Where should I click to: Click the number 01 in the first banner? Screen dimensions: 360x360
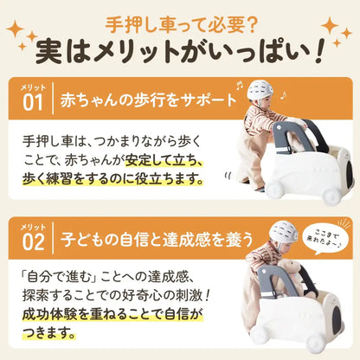(x=33, y=102)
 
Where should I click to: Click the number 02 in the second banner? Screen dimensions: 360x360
(x=34, y=241)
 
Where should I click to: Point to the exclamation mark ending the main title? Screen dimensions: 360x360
(x=318, y=52)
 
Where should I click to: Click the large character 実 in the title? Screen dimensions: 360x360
(x=49, y=51)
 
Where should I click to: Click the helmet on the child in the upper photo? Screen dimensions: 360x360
(x=260, y=90)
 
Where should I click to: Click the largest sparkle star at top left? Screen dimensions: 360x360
(x=16, y=29)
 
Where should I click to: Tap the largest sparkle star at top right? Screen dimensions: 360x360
(x=330, y=26)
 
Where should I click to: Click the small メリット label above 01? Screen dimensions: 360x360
(x=33, y=87)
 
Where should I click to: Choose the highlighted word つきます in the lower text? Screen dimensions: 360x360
(x=49, y=332)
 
